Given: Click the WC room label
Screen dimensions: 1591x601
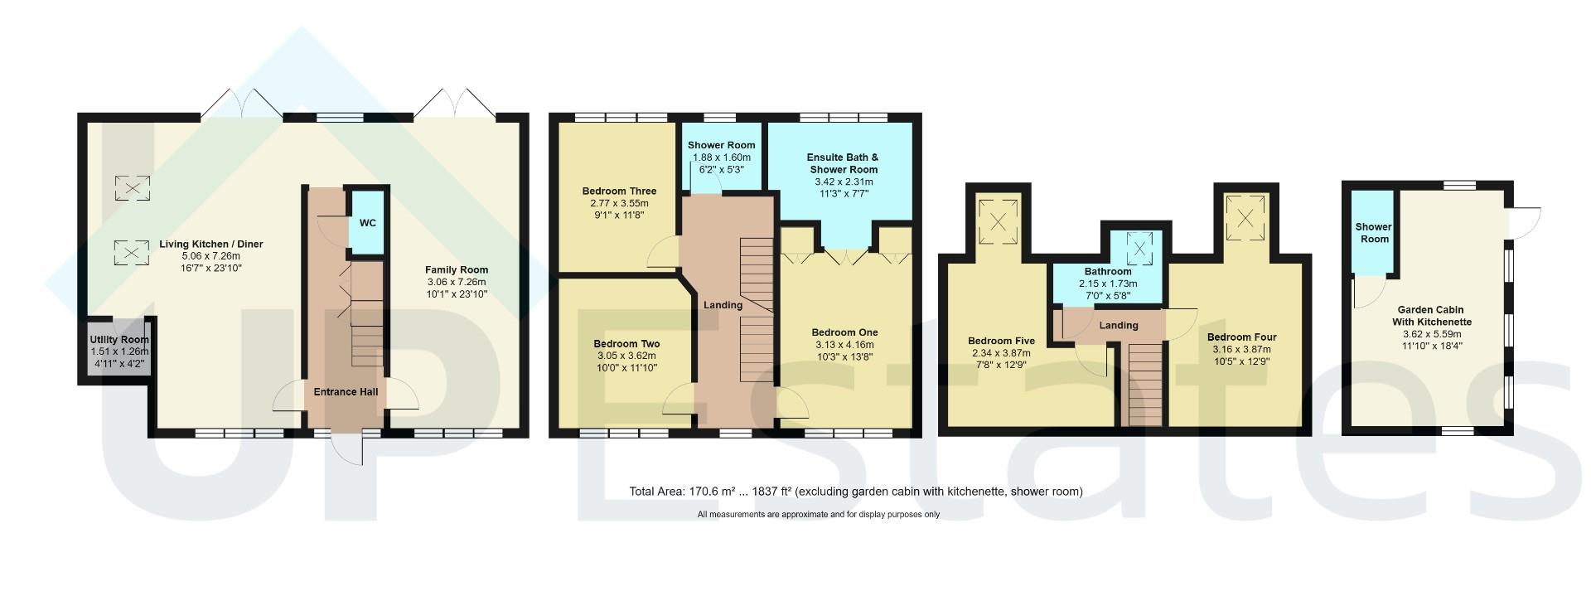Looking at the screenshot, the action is tap(368, 223).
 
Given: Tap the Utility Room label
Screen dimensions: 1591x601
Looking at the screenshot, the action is tap(119, 340).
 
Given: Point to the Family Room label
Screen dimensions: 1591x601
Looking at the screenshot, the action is tap(457, 269).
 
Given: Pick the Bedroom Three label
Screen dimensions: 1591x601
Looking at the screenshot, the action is tap(619, 191).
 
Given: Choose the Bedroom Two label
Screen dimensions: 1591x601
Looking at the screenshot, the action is tap(626, 344).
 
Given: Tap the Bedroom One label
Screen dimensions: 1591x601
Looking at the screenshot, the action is tap(844, 332).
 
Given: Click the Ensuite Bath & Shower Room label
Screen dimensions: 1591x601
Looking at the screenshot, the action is tap(843, 163).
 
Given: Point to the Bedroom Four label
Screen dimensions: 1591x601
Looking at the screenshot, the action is tap(1241, 337).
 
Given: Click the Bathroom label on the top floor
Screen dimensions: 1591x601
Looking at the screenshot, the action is tap(1108, 272).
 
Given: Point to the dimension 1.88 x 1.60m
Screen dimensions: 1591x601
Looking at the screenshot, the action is tap(721, 158).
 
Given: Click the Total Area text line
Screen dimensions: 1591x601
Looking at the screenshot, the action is tap(856, 492).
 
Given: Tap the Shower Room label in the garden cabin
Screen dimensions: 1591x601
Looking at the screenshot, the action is tap(1373, 233).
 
